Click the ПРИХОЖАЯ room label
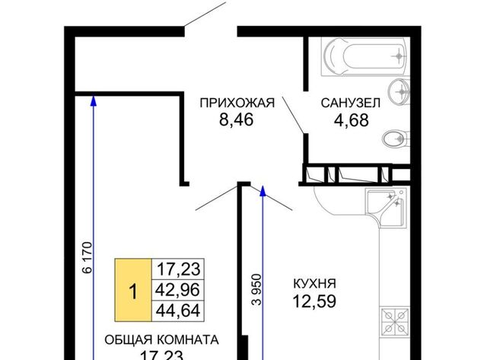click(237, 103)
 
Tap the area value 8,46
click(237, 119)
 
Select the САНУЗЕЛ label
click(351, 103)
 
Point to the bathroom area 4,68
click(352, 120)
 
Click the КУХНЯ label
click(315, 284)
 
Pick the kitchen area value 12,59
click(314, 301)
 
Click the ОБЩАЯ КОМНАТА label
click(161, 339)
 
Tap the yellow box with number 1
click(133, 290)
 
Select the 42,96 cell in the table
click(178, 290)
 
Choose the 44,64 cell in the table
click(178, 311)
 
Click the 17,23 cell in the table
click(178, 269)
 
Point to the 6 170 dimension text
click(88, 257)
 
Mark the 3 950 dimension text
click(257, 289)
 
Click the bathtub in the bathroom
click(364, 57)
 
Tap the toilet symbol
click(396, 139)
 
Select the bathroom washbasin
click(399, 91)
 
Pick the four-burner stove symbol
click(395, 322)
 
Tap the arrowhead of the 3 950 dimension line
click(263, 191)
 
